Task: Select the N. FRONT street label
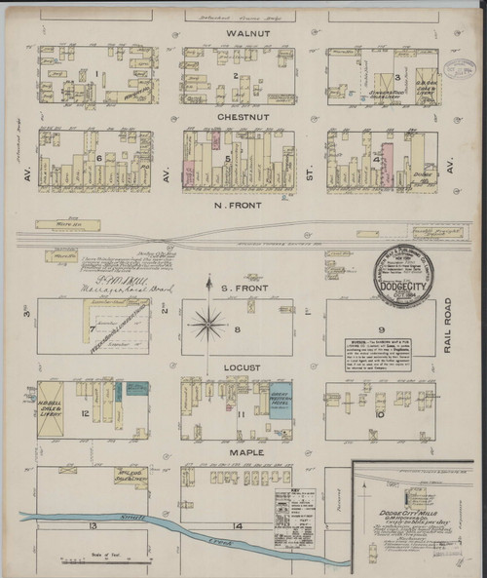coord(238,206)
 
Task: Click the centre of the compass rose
coord(207,325)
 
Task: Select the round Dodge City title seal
coord(407,276)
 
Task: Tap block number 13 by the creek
coord(93,525)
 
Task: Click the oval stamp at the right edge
coord(459,69)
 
